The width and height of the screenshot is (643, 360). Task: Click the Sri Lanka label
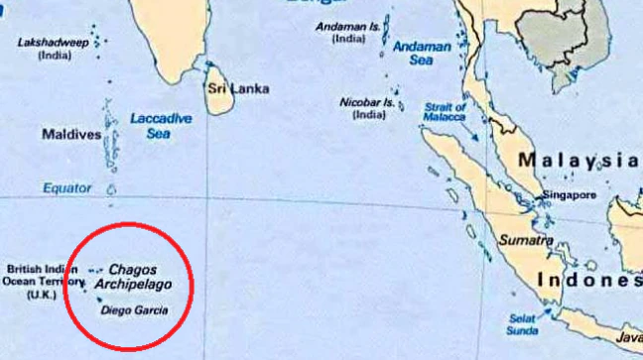click(x=237, y=88)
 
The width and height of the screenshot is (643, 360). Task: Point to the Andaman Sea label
click(x=421, y=53)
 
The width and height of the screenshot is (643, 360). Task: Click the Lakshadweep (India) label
click(x=48, y=50)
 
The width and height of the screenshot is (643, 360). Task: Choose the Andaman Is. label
click(x=347, y=32)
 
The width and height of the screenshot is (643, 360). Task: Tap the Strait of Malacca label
click(x=445, y=111)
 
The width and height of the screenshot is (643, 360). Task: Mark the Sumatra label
click(x=528, y=240)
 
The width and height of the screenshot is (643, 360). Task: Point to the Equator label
click(x=66, y=187)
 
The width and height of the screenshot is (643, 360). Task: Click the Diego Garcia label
click(x=135, y=310)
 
